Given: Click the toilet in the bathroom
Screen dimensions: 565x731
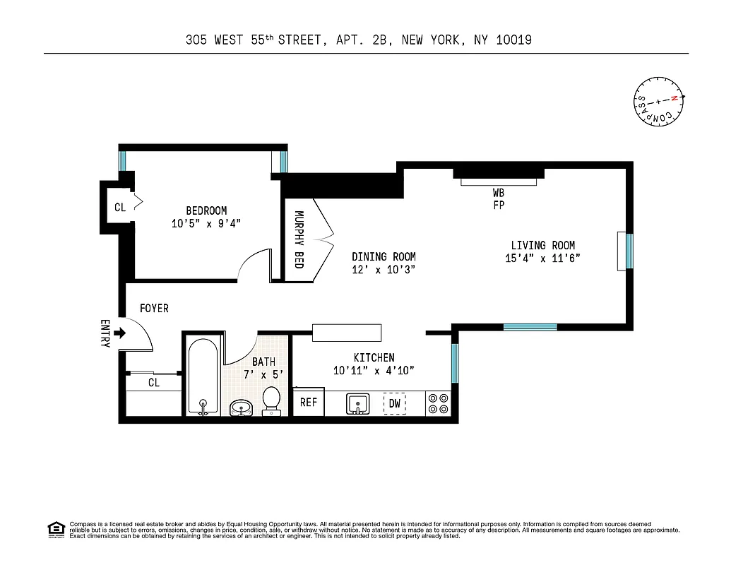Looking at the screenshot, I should pos(271,400).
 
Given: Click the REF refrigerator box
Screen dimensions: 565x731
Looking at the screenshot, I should pos(308,403).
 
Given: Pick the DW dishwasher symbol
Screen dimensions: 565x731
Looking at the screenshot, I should pos(395,403).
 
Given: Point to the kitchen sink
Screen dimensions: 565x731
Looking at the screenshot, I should pos(359,404).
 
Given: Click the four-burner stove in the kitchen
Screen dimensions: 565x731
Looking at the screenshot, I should pos(439,403).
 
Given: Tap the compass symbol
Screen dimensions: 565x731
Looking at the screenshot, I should pos(658,102).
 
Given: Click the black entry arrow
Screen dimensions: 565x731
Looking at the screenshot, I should pos(119,333).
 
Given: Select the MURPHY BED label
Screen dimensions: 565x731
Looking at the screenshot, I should pos(299,240).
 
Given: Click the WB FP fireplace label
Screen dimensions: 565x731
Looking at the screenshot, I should pos(499,198).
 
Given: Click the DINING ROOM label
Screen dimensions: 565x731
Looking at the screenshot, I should pos(384,257).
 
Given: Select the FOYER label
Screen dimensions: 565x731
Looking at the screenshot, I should pos(154,309).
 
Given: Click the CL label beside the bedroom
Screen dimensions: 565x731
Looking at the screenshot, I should pos(120,208).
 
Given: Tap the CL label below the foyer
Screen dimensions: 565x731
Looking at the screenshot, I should pos(153,383).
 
